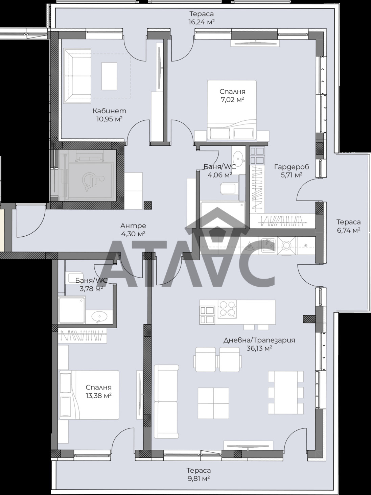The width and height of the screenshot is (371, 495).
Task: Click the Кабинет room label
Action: [109, 111]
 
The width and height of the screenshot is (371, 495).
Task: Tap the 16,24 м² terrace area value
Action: [202, 22]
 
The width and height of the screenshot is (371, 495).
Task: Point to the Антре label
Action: [133, 226]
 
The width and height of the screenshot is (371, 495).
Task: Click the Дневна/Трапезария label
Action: [259, 340]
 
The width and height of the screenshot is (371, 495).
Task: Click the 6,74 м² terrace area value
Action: [349, 230]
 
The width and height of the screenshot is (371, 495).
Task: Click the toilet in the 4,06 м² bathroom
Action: [228, 189]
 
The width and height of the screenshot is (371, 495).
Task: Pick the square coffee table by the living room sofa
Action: [213, 403]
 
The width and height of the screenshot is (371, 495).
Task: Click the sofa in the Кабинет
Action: [77, 76]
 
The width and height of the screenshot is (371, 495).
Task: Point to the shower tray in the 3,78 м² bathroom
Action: [72, 310]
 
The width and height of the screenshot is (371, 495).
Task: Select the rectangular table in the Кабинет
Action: [109, 76]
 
